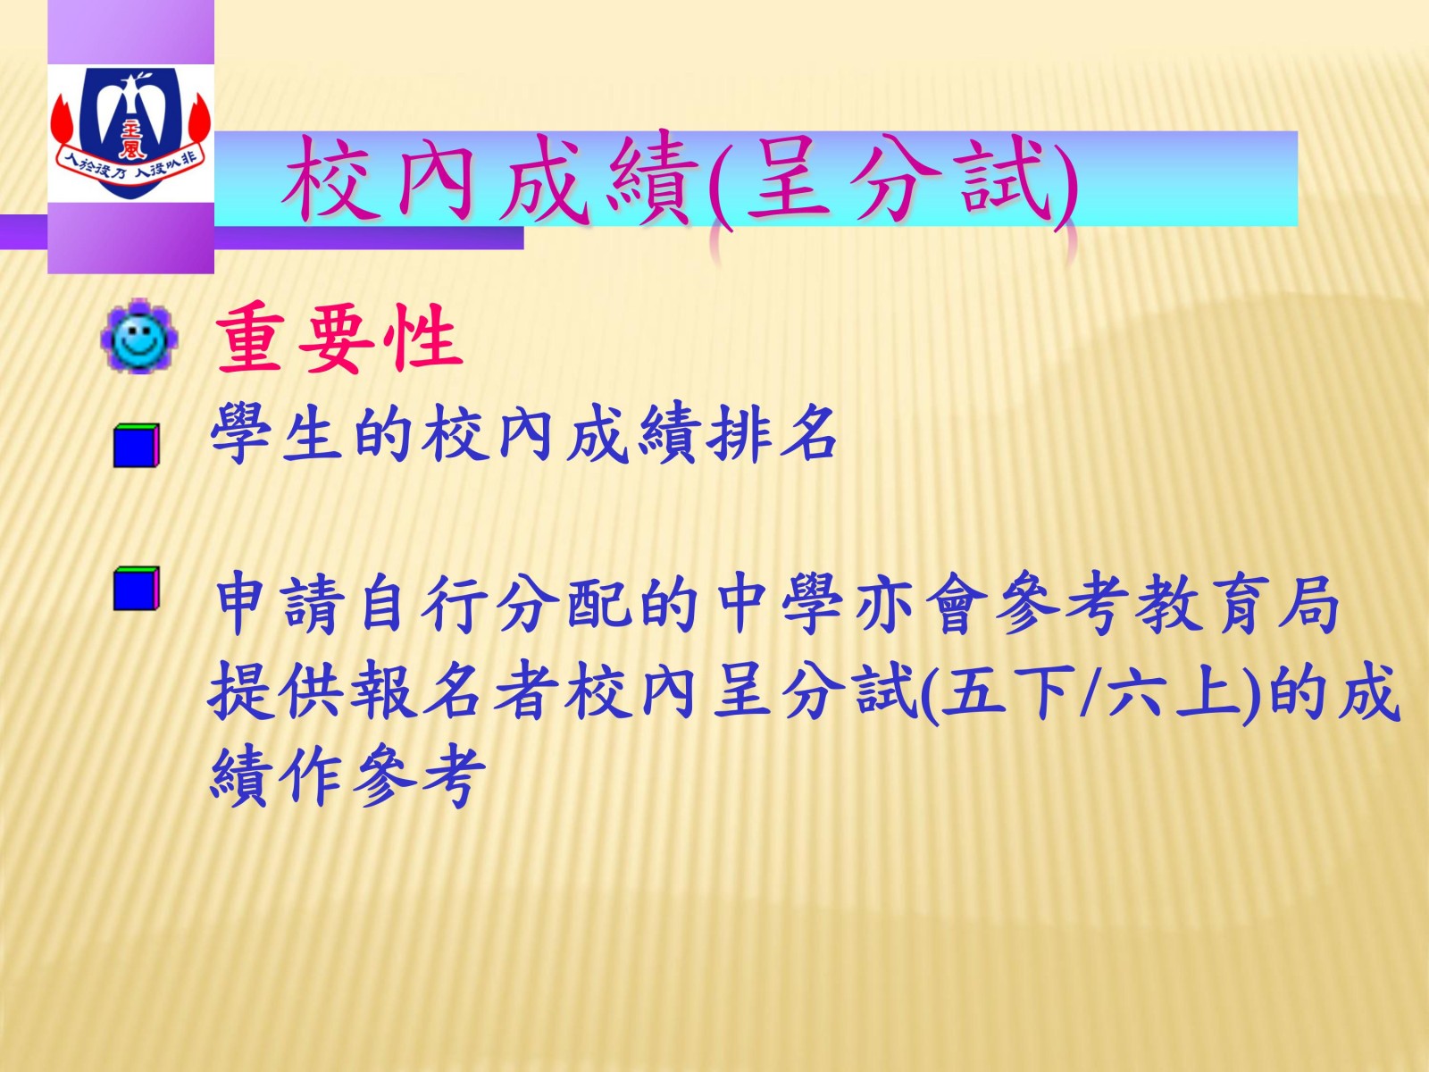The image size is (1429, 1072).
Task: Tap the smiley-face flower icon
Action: click(139, 336)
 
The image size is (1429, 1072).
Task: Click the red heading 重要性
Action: click(339, 339)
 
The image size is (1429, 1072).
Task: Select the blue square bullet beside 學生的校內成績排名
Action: click(136, 445)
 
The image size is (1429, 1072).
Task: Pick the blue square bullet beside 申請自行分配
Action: click(136, 589)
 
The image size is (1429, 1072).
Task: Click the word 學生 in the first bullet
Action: click(277, 433)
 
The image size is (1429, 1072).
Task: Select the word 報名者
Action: click(455, 690)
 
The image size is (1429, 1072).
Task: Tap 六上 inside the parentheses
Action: click(1176, 690)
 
